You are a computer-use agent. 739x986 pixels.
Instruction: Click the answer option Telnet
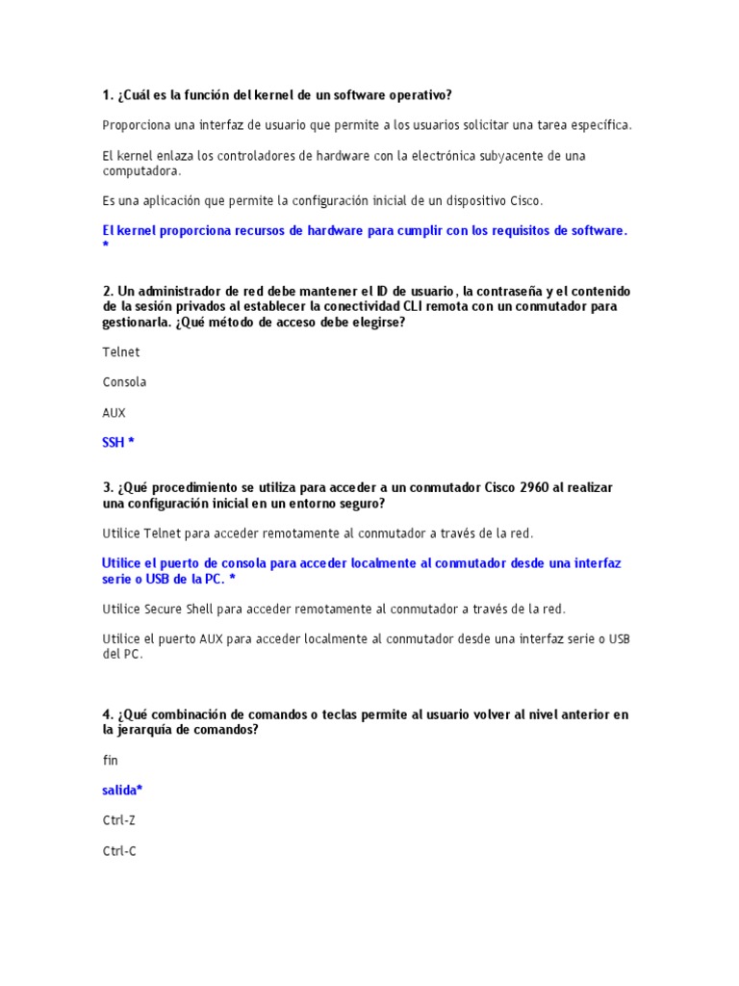[x=121, y=352]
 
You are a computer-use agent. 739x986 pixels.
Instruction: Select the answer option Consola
[x=125, y=382]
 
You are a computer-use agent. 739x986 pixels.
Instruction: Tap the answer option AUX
[x=115, y=413]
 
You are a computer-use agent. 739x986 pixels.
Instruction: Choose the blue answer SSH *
[x=118, y=443]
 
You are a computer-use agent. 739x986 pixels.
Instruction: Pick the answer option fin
[x=110, y=761]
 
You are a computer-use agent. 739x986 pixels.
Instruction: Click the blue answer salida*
[x=122, y=791]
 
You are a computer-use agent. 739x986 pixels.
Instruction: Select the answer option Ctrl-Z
[x=119, y=821]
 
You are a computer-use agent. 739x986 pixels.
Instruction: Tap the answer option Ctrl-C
[x=119, y=851]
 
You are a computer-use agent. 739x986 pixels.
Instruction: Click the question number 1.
[x=107, y=95]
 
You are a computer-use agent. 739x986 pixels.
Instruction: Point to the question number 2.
[x=107, y=292]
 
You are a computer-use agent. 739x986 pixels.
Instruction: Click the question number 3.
[x=107, y=488]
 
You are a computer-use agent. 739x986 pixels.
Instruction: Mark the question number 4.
[x=107, y=715]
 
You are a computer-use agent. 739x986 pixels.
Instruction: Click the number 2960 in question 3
[x=534, y=488]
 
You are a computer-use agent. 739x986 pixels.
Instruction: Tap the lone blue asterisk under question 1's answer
[x=105, y=246]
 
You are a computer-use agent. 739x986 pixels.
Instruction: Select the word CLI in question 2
[x=370, y=307]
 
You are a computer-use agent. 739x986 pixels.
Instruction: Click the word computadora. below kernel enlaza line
[x=141, y=171]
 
